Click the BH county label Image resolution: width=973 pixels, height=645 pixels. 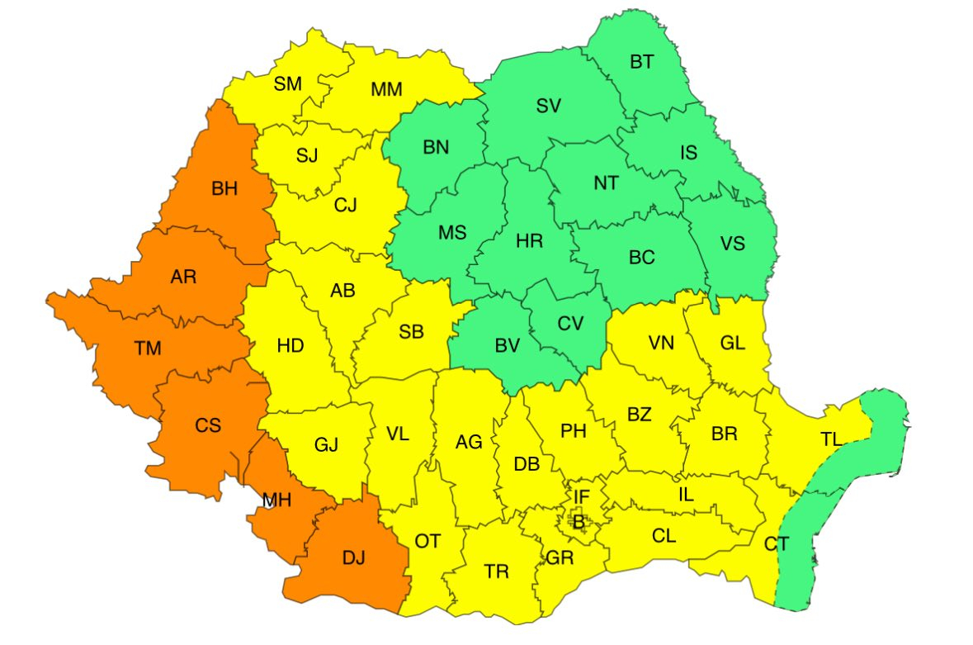(x=224, y=189)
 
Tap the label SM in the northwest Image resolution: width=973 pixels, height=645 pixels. (x=288, y=83)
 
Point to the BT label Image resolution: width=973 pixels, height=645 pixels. (x=641, y=62)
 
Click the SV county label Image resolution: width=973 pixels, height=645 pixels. (x=548, y=106)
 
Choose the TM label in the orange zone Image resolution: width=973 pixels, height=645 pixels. (x=148, y=349)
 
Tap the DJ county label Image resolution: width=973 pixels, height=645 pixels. (x=352, y=559)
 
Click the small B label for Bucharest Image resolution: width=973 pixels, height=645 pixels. (x=579, y=521)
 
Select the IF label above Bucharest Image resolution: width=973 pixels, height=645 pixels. (x=582, y=496)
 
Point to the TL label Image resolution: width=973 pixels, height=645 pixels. (x=831, y=439)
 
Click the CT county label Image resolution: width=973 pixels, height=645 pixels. (x=776, y=544)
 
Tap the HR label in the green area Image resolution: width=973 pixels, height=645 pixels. (x=529, y=241)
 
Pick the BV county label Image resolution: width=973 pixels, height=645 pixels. (x=506, y=347)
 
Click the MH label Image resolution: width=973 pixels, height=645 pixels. (x=276, y=500)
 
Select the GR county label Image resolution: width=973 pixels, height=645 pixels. (x=560, y=558)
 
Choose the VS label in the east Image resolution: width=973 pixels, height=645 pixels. (x=732, y=244)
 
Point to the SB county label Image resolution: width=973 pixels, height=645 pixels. (x=411, y=332)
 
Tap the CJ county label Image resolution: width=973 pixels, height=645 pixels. (x=345, y=206)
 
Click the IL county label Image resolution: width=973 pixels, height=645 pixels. (x=686, y=495)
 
